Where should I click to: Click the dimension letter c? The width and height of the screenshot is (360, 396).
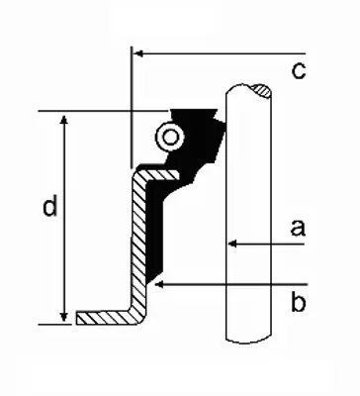click(x=299, y=71)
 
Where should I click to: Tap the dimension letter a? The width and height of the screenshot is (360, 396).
click(x=298, y=228)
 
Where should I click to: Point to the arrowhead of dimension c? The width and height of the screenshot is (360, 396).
click(x=137, y=53)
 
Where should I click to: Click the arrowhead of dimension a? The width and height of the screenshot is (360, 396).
click(x=232, y=244)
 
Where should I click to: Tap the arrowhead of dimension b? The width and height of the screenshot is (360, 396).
click(x=159, y=284)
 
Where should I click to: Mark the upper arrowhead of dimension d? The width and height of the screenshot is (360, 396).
click(x=64, y=120)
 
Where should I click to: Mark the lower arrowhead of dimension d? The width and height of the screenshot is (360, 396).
click(x=64, y=317)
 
